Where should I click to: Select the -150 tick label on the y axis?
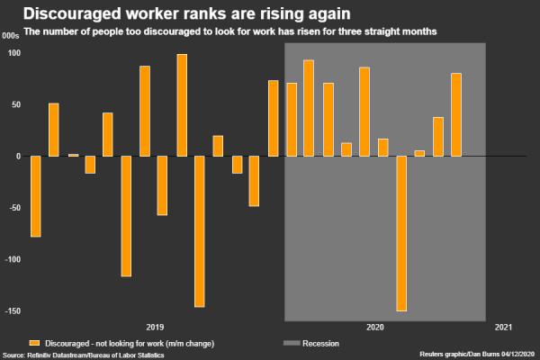click(x=11, y=311)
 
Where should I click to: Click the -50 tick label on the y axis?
click(x=13, y=208)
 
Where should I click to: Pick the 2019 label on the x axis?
click(x=154, y=328)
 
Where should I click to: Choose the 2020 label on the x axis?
click(x=375, y=328)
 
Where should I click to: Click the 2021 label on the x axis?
click(x=504, y=328)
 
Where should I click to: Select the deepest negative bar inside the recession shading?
click(x=401, y=233)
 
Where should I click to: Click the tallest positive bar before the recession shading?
click(x=182, y=105)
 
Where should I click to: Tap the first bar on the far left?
click(x=36, y=196)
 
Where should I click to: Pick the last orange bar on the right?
click(x=456, y=114)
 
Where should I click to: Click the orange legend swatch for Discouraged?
click(x=35, y=344)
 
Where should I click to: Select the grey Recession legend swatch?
click(x=290, y=344)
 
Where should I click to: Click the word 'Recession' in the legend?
click(x=320, y=344)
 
